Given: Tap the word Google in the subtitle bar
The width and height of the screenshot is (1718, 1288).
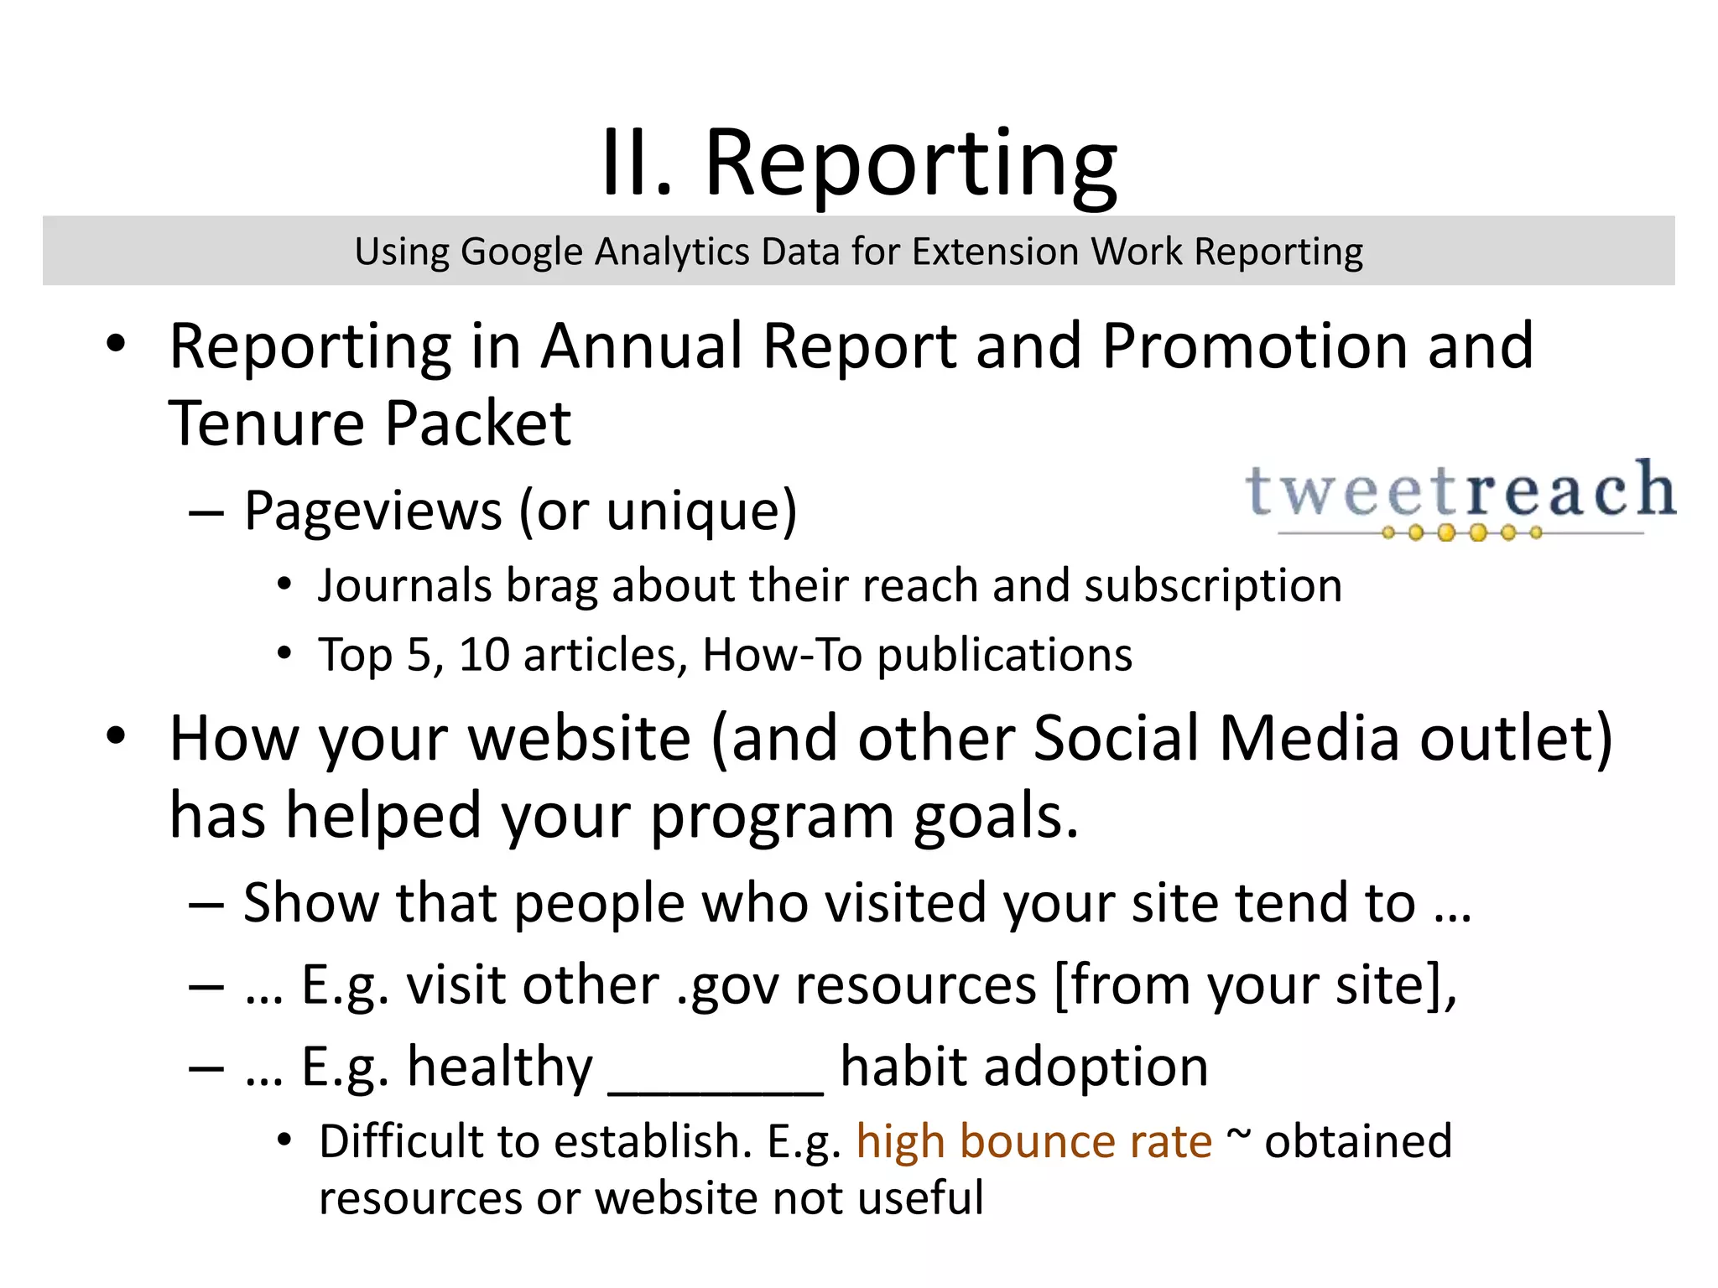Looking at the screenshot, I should [521, 252].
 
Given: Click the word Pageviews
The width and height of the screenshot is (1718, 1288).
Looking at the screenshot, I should [373, 512].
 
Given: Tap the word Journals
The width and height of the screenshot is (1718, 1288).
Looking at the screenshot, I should [404, 585].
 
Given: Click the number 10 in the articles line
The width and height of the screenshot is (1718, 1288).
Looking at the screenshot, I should [484, 654].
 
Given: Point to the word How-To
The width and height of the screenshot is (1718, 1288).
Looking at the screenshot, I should [782, 654].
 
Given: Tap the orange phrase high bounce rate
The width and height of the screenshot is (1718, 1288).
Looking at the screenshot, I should [1033, 1142].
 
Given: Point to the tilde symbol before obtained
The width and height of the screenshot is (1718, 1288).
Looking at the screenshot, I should [1238, 1134].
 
